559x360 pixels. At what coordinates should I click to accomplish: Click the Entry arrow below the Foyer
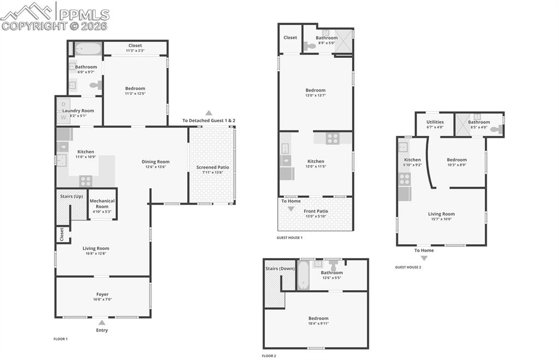click(x=102, y=322)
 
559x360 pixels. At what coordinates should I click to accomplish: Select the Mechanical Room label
click(x=102, y=203)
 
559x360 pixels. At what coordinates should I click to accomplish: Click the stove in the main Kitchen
click(x=86, y=181)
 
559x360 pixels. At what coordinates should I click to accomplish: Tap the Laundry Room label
click(x=78, y=111)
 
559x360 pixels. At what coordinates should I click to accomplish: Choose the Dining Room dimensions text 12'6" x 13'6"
click(x=156, y=167)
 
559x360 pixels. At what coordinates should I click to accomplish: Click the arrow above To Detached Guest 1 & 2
click(x=209, y=113)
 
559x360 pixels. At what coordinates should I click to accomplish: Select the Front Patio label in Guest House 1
click(x=316, y=211)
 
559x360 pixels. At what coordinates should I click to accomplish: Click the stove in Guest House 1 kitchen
click(x=332, y=139)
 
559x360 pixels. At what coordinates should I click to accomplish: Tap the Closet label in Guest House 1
click(x=290, y=38)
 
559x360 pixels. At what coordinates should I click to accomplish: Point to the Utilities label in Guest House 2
click(x=435, y=122)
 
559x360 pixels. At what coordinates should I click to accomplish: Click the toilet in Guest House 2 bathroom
click(x=496, y=130)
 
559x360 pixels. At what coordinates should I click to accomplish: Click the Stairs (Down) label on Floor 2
click(x=280, y=268)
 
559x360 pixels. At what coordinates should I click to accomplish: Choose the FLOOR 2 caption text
click(x=269, y=356)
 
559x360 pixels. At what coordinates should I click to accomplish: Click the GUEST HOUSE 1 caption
click(x=289, y=237)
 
